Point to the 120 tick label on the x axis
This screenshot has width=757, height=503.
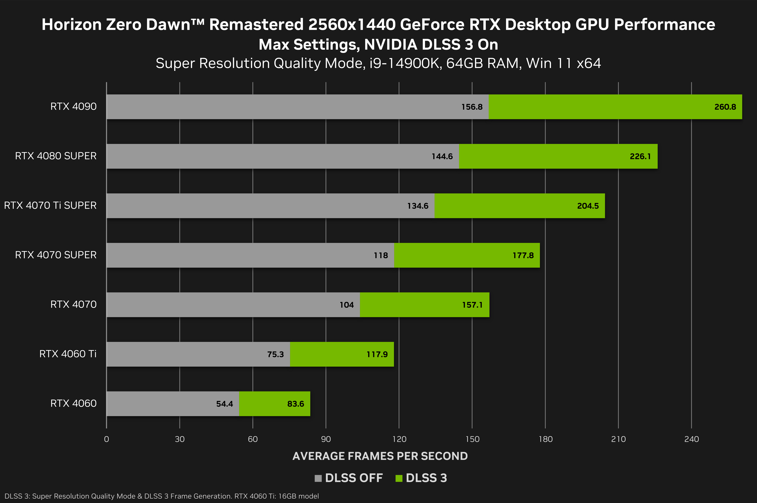click(x=399, y=439)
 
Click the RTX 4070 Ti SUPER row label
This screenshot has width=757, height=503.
click(x=50, y=205)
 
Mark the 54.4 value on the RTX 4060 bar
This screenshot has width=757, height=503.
click(x=224, y=404)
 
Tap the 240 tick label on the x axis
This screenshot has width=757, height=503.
click(x=692, y=439)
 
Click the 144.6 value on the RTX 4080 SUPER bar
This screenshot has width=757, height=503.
click(x=442, y=157)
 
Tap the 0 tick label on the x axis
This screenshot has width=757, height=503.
click(x=106, y=439)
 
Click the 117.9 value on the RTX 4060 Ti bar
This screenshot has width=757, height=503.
click(x=377, y=355)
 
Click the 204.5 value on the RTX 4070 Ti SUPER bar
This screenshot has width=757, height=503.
click(x=588, y=206)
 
